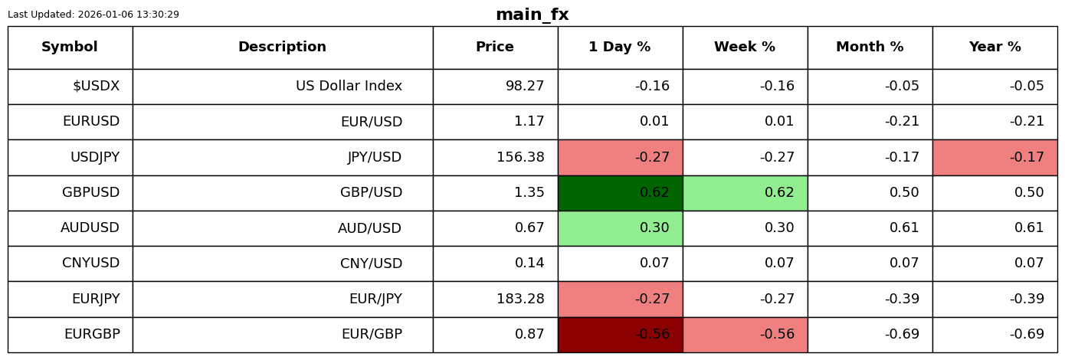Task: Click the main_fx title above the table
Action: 532,15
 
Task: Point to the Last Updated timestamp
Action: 93,15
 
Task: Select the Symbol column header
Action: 70,47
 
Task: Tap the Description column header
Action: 282,47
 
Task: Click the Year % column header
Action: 995,47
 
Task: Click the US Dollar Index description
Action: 349,87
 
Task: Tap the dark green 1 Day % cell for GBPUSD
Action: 620,193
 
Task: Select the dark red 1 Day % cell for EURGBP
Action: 620,335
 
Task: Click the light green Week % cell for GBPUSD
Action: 745,193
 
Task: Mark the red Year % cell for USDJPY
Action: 995,158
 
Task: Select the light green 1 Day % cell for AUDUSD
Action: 620,228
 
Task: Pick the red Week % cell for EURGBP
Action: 745,335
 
